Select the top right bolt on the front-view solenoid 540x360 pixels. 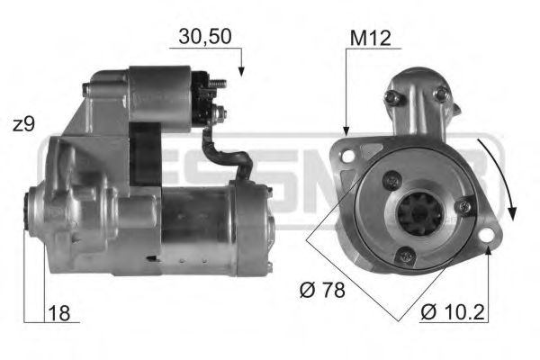[438, 93]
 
